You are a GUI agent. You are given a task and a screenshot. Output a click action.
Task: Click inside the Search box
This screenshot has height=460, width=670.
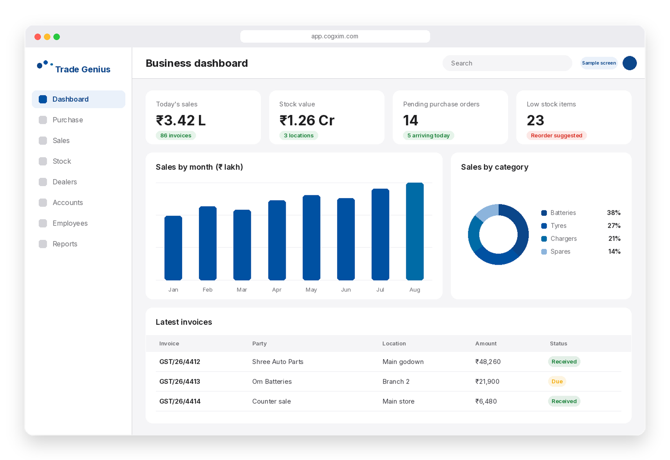click(507, 63)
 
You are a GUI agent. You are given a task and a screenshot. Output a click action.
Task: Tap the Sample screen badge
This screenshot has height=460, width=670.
click(599, 63)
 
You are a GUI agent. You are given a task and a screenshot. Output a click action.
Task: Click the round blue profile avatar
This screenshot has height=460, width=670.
click(630, 63)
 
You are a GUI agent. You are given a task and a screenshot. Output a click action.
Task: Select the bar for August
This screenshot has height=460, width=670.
click(415, 231)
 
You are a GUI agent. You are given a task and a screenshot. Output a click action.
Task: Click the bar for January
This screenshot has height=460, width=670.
click(173, 248)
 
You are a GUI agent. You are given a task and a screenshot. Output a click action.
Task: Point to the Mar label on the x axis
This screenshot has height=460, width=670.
click(242, 290)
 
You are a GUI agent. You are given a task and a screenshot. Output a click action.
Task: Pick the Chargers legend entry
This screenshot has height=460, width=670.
click(559, 239)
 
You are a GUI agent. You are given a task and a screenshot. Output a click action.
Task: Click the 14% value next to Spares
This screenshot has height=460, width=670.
click(614, 251)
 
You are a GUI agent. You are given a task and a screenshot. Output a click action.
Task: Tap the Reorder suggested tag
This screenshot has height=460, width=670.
click(557, 136)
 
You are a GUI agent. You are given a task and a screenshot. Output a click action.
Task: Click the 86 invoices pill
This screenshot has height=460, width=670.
click(176, 136)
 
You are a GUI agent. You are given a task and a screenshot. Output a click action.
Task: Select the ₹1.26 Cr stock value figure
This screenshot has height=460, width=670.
click(307, 121)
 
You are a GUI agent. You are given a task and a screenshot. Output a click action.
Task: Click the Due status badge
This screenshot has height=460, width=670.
click(557, 381)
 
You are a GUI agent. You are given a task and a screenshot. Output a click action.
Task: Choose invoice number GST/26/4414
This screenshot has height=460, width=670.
click(180, 401)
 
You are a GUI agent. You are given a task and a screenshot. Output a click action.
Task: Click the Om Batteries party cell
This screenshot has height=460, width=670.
click(272, 381)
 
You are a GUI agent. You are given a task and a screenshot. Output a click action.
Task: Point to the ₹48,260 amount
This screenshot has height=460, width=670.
click(488, 362)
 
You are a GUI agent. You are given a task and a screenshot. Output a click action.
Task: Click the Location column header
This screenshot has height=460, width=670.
click(394, 343)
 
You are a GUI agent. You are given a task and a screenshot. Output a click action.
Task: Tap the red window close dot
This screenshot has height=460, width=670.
click(38, 37)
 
